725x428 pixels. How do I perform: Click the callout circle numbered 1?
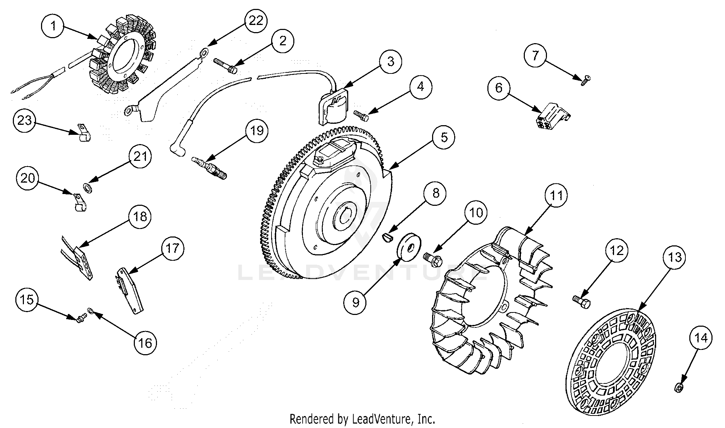[x=53, y=26]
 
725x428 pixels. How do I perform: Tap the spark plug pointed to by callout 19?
[x=211, y=167]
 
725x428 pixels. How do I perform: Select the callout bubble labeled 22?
[x=256, y=20]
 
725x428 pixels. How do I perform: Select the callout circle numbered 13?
[x=675, y=257]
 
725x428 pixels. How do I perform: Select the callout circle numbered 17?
[x=172, y=249]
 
